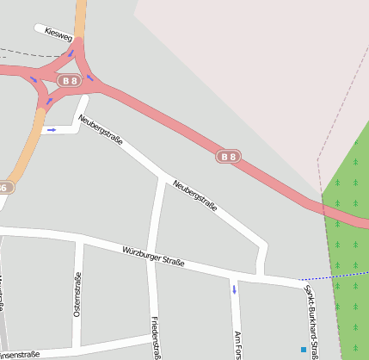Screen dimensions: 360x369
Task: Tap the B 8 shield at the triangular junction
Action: click(69, 80)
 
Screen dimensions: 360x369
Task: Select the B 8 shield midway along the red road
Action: click(227, 157)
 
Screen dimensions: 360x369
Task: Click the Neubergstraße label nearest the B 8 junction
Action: click(101, 130)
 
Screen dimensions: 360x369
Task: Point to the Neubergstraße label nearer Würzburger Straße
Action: click(194, 196)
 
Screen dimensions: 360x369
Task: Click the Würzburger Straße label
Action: click(153, 256)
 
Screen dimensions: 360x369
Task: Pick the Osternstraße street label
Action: click(77, 294)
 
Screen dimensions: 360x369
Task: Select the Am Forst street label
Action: click(237, 344)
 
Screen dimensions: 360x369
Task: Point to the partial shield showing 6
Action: click(4, 187)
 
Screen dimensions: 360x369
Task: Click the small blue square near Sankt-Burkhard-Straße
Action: click(303, 350)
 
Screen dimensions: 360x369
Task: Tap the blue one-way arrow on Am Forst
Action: click(234, 289)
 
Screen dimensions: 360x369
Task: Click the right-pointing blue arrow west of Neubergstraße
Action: click(52, 130)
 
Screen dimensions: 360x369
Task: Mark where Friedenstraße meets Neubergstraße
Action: click(162, 178)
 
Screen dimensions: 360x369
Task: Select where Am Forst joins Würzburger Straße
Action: click(233, 275)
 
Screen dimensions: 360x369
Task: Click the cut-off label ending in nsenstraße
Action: click(21, 354)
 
